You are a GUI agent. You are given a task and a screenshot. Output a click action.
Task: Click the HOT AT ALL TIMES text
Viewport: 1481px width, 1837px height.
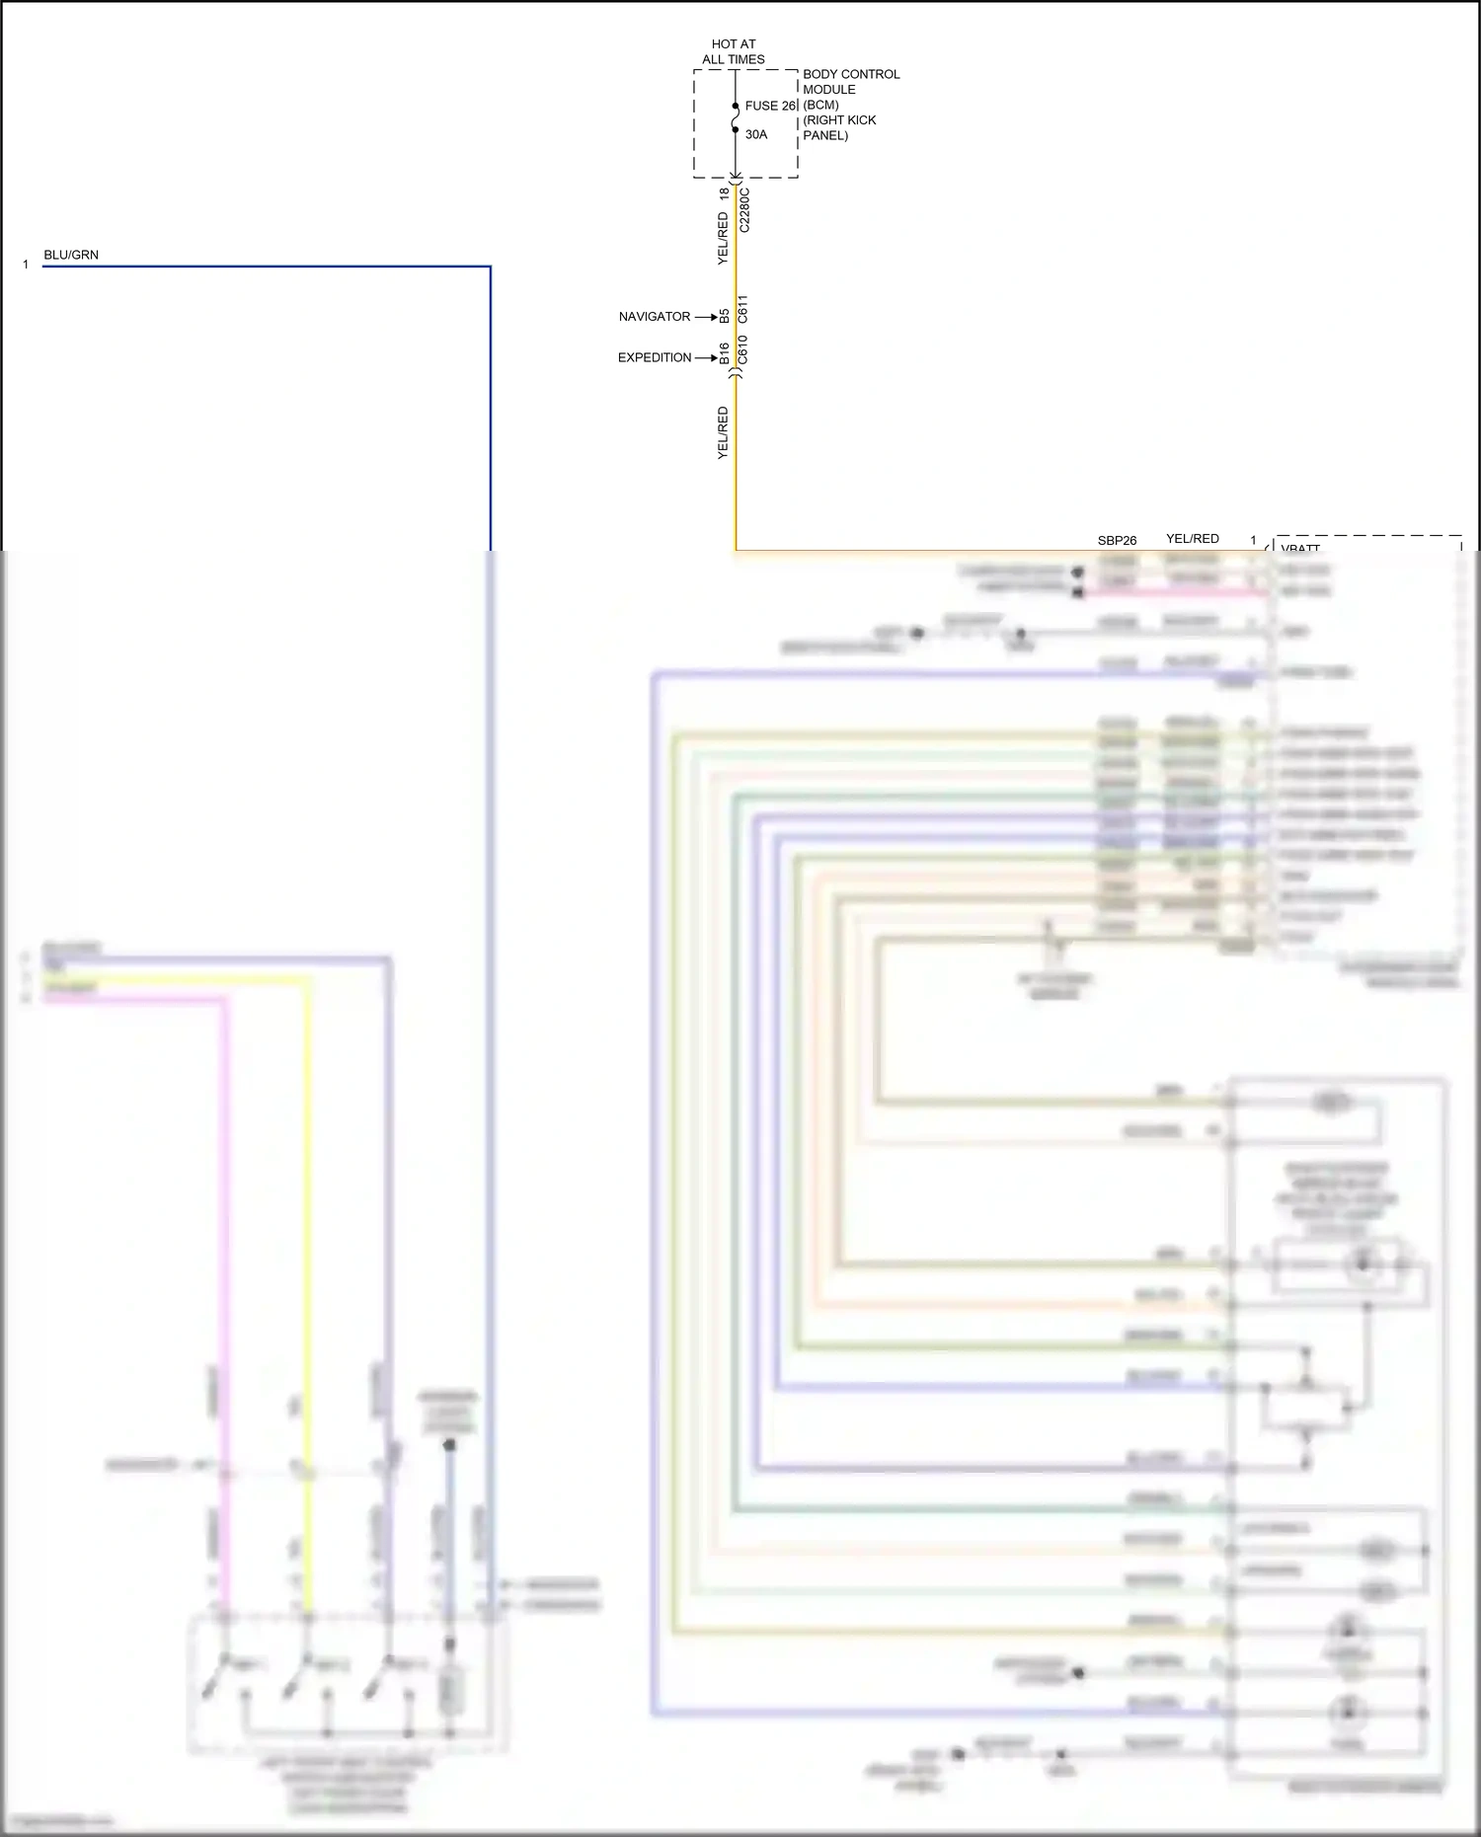click(x=733, y=51)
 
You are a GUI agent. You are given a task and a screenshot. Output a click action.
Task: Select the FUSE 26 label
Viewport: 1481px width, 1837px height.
click(x=770, y=106)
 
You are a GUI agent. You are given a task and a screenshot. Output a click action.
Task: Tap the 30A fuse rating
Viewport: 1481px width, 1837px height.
click(x=756, y=134)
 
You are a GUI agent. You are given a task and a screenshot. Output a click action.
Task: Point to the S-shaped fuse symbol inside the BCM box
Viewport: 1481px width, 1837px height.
click(x=736, y=118)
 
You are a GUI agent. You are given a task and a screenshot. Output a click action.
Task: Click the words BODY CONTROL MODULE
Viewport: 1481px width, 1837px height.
click(x=850, y=81)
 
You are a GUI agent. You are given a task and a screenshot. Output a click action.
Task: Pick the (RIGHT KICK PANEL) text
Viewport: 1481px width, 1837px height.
click(x=838, y=127)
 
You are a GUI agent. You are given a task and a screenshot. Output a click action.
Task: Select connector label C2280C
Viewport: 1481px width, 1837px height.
click(x=744, y=209)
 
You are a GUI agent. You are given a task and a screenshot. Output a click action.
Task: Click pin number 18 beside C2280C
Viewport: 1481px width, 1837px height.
click(x=724, y=193)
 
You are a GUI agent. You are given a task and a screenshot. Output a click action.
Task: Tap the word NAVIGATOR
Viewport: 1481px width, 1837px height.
click(x=654, y=317)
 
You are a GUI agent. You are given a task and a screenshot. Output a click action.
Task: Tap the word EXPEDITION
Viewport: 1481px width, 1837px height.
click(x=654, y=357)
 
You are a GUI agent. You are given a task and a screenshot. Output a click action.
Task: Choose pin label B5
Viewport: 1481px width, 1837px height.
click(x=724, y=316)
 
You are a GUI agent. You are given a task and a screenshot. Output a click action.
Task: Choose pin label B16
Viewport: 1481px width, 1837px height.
click(x=724, y=352)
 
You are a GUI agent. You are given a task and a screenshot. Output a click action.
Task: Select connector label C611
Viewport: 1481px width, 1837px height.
click(x=743, y=309)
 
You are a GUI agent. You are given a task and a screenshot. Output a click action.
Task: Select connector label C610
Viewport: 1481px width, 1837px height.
click(x=743, y=349)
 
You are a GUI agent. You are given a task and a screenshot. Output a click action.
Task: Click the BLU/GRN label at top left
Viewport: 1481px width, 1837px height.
click(x=71, y=255)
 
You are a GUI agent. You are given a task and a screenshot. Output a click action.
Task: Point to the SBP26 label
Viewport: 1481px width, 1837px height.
click(x=1117, y=540)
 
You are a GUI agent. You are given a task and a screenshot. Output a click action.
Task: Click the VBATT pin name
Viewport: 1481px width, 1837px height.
click(x=1300, y=548)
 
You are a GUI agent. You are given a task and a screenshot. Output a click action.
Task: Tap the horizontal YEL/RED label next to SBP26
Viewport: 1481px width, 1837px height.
click(x=1192, y=538)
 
